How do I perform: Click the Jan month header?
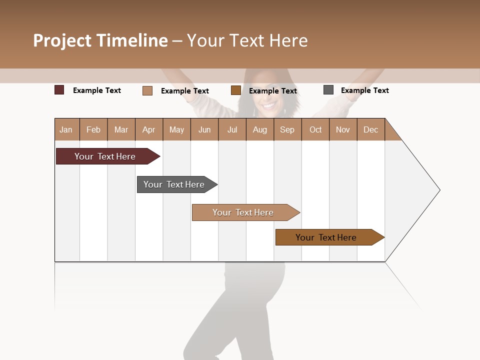point(66,129)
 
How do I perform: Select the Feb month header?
point(93,129)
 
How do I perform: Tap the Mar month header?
point(121,129)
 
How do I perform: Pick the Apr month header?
point(149,129)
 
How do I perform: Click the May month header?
point(176,129)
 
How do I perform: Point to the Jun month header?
point(204,129)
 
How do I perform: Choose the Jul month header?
point(232,129)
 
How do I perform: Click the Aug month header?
point(260,129)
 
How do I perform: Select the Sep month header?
point(287,129)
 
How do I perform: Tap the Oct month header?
point(315,129)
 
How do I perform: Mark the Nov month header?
point(343,129)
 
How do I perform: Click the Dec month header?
point(371,129)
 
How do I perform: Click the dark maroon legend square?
point(59,90)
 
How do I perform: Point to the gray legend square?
point(328,90)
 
